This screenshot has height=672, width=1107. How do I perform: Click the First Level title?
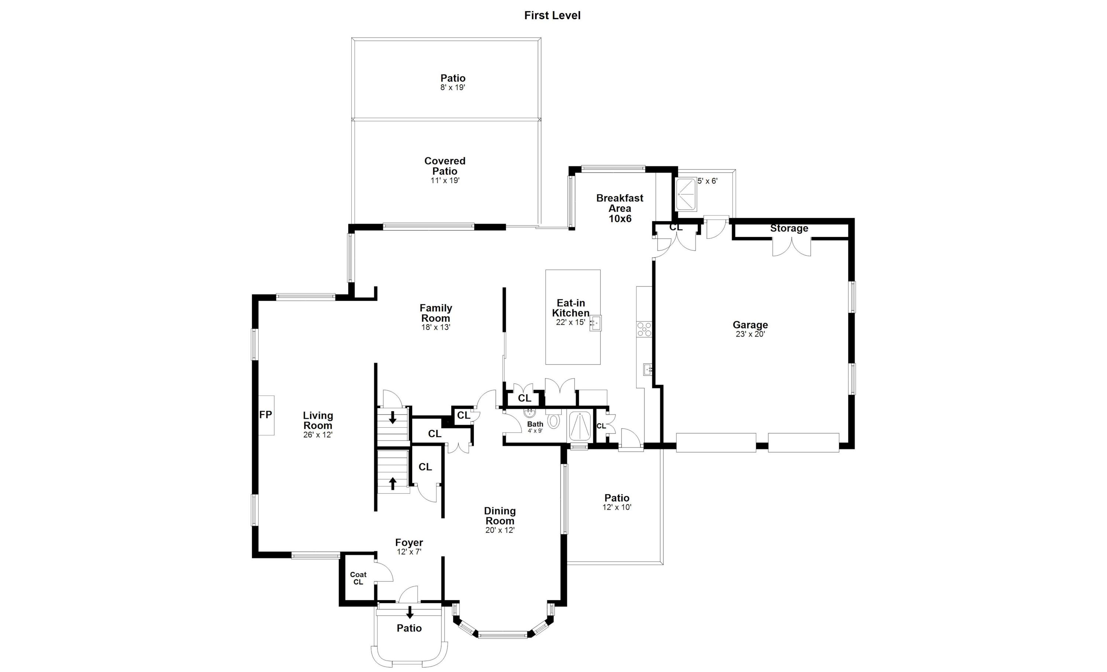552,15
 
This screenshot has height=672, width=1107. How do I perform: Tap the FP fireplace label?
266,414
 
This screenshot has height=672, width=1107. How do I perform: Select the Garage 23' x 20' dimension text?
750,334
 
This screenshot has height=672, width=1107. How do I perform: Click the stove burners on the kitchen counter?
644,329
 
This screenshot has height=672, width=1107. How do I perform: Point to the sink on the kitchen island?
595,323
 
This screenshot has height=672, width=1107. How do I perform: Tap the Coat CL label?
358,578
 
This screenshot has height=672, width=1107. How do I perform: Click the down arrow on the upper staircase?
393,417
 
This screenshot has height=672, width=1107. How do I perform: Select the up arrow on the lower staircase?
393,483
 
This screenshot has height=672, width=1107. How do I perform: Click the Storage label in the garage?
789,228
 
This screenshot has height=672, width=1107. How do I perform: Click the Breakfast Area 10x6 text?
620,209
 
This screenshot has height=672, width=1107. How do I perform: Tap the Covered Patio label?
445,166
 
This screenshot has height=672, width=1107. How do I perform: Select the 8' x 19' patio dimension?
452,87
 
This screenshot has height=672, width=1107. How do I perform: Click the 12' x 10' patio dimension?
617,507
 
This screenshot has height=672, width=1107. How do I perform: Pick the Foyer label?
409,542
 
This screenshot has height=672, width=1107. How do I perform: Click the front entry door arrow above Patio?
410,612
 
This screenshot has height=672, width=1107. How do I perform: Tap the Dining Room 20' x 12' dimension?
500,530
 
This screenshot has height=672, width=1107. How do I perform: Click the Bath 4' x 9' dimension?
535,431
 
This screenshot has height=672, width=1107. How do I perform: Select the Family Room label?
435,313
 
